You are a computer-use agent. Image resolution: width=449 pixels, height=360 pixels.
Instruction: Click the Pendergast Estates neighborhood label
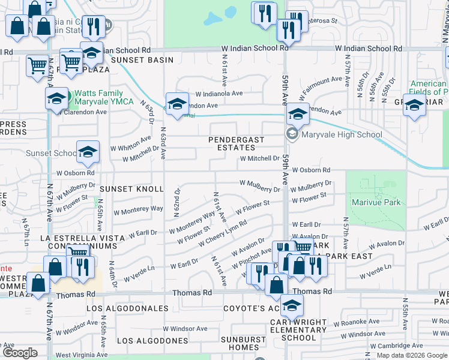[236, 143]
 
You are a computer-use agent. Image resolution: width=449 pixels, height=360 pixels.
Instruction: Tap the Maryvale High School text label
[342, 134]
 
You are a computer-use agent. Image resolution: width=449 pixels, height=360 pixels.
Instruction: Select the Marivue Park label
[376, 203]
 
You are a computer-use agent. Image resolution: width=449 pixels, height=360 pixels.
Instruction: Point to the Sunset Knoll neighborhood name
[131, 189]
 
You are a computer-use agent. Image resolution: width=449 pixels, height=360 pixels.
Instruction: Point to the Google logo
[20, 353]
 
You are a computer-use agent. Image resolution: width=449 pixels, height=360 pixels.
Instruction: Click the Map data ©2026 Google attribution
[412, 355]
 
